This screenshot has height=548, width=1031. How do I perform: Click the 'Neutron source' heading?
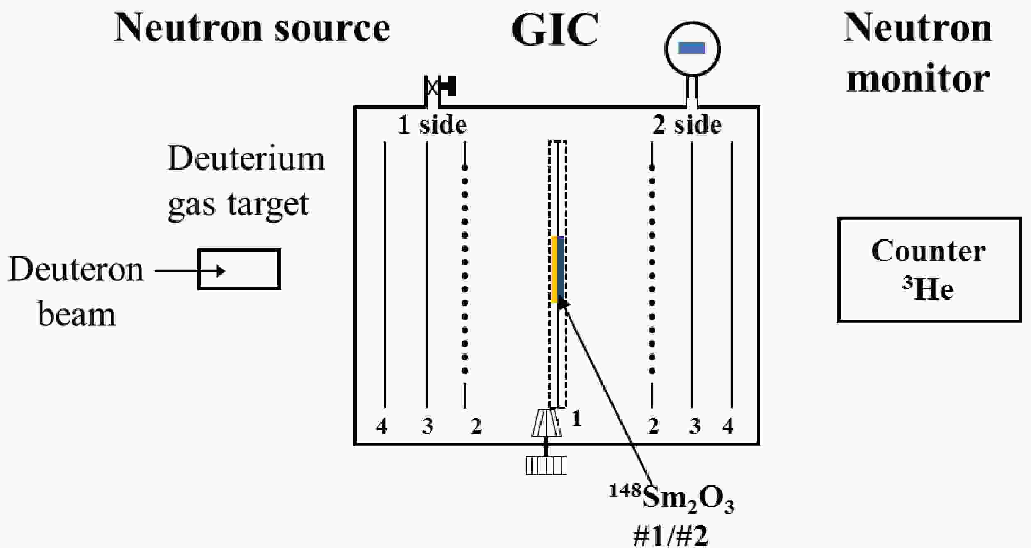pos(252,28)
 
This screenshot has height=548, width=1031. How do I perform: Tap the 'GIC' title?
pos(555,30)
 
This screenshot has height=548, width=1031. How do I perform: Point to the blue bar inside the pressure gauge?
pos(692,48)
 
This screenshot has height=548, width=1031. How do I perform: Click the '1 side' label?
pos(432,125)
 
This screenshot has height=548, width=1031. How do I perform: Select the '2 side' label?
pos(687,125)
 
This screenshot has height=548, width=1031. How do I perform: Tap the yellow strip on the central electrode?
pos(554,269)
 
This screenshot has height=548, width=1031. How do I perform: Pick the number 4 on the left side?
pos(382,426)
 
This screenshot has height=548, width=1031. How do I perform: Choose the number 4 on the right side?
pos(728,426)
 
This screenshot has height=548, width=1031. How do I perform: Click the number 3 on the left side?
pos(428,426)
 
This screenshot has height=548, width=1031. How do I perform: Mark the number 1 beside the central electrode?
pos(576,419)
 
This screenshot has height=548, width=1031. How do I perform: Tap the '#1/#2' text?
pos(671,536)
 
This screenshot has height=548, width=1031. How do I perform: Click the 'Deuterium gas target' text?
pos(246,182)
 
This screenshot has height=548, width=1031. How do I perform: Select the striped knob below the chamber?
pos(546,465)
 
